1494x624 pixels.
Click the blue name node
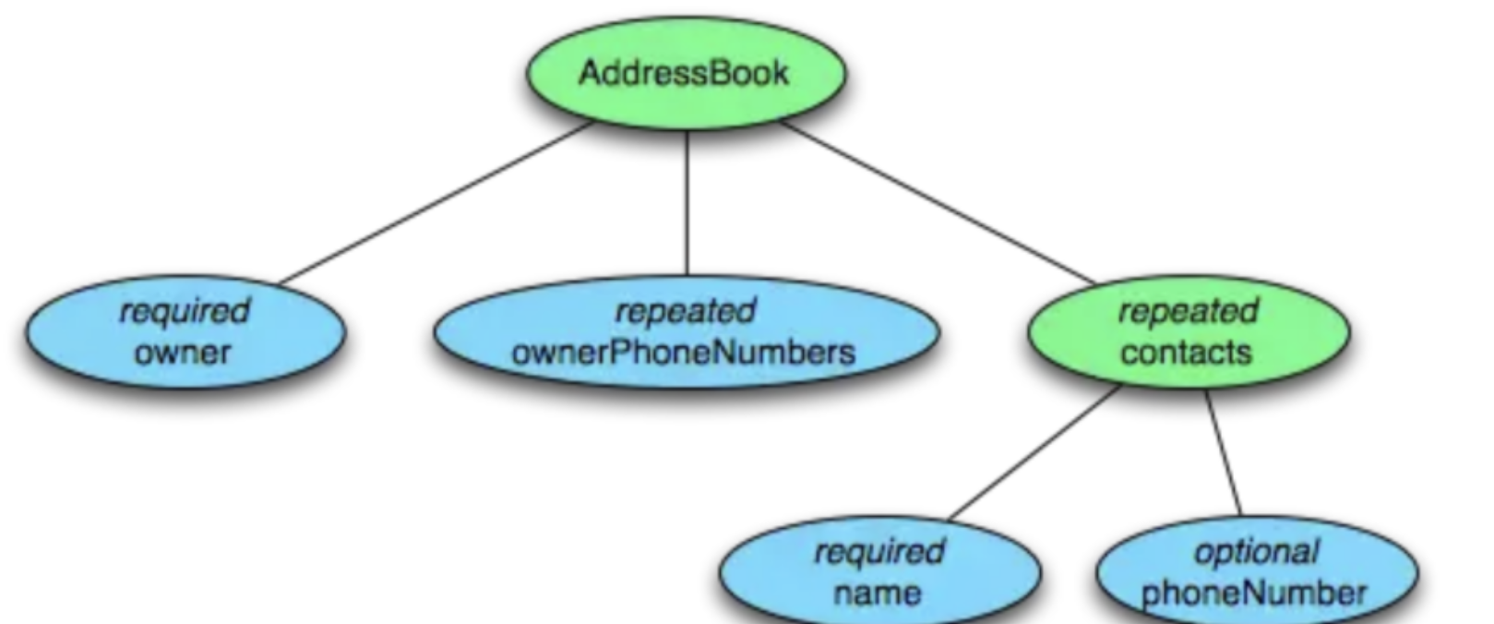(878, 572)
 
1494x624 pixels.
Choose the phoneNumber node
(1256, 572)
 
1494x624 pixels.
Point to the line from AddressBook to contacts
(937, 203)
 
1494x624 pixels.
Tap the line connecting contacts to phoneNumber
(1223, 452)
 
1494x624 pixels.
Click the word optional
(1257, 552)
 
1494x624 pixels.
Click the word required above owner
(185, 311)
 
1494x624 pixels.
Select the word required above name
(878, 552)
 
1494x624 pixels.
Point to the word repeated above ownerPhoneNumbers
(685, 311)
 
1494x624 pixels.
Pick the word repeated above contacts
(1188, 311)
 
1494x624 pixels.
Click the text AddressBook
(684, 73)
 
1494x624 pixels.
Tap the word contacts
(1187, 352)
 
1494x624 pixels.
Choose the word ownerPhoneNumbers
(684, 352)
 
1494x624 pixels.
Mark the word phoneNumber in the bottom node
(1254, 593)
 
